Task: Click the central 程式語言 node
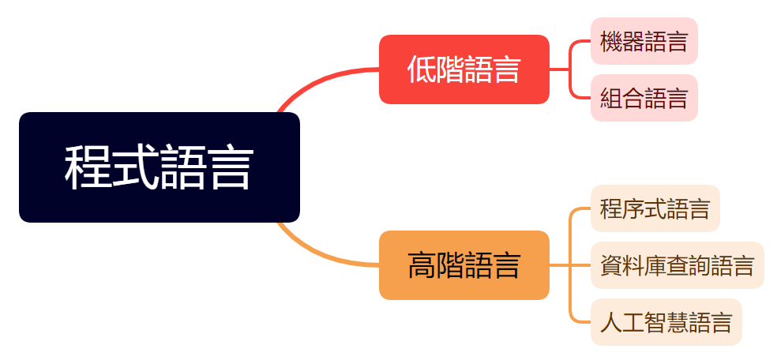pos(159,167)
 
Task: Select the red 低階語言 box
pos(464,69)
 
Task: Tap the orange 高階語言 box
pos(464,265)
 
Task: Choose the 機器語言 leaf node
pos(644,41)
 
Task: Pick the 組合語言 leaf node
pos(644,98)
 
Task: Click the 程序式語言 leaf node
pos(655,208)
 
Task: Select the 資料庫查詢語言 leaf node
pos(677,265)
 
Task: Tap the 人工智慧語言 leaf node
pos(666,322)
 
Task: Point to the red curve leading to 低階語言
pos(316,82)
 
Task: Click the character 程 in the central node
pos(87,167)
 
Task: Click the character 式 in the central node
pos(134,167)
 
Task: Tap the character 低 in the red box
pos(421,69)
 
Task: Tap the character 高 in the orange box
pos(421,265)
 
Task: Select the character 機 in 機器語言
pos(611,41)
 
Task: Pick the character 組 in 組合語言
pos(611,98)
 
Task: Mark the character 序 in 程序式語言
pos(633,208)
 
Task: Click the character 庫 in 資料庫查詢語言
pos(655,265)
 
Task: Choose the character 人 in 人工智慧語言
pos(611,322)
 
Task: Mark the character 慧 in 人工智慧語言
pos(678,322)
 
